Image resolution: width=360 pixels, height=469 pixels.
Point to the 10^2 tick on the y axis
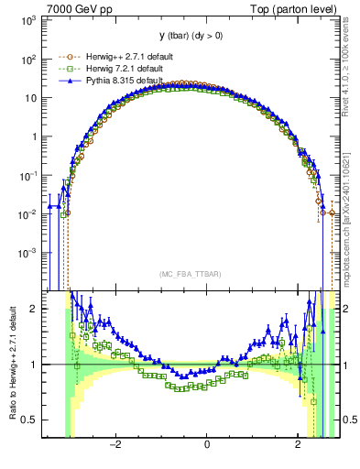tap(27, 59)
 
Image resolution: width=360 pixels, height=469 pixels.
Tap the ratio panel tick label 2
tap(35, 309)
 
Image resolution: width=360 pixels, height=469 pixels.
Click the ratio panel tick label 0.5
tap(31, 420)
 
